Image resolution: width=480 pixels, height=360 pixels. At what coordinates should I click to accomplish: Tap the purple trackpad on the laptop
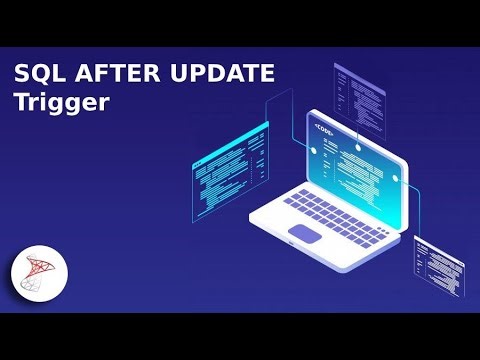(x=307, y=233)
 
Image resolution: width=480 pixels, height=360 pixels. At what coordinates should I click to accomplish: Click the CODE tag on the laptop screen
(x=326, y=129)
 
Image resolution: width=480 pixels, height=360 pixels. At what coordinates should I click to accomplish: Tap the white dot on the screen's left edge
(x=313, y=151)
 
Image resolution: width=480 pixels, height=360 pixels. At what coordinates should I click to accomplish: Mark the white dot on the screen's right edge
(x=397, y=177)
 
